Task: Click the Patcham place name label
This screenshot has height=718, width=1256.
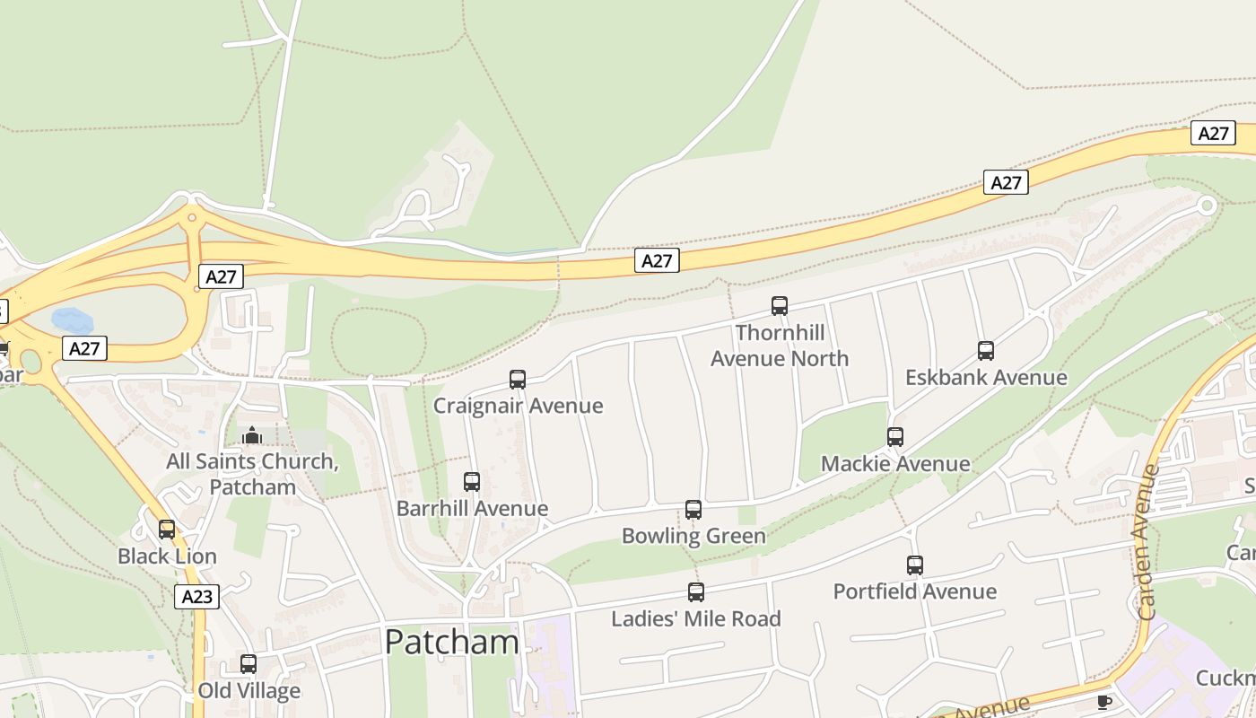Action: click(451, 642)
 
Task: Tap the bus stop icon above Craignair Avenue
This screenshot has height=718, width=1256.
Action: click(518, 380)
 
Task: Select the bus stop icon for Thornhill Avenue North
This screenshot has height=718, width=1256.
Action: click(780, 306)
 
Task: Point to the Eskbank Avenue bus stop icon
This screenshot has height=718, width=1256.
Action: click(986, 351)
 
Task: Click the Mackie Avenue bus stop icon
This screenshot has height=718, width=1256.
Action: click(895, 437)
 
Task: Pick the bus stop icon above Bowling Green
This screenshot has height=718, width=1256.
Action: click(693, 510)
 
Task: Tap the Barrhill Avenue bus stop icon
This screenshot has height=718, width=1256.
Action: click(472, 482)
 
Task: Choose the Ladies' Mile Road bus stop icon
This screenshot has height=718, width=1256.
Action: click(696, 592)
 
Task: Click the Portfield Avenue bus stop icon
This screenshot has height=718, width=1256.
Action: click(915, 565)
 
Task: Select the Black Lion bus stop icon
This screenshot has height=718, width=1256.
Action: click(167, 530)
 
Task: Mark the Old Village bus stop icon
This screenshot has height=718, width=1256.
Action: click(249, 664)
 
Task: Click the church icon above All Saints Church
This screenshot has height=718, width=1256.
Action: click(252, 436)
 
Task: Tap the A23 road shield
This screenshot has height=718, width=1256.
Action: click(196, 597)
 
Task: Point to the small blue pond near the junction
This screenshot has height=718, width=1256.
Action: click(72, 320)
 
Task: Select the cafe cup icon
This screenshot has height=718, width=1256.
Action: click(1104, 702)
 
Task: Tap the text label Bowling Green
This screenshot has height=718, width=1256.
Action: click(693, 536)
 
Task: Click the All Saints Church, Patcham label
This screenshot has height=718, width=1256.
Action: click(252, 475)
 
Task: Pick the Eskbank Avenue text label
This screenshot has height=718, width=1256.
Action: click(986, 377)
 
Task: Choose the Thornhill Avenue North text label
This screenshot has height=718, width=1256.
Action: click(780, 346)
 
